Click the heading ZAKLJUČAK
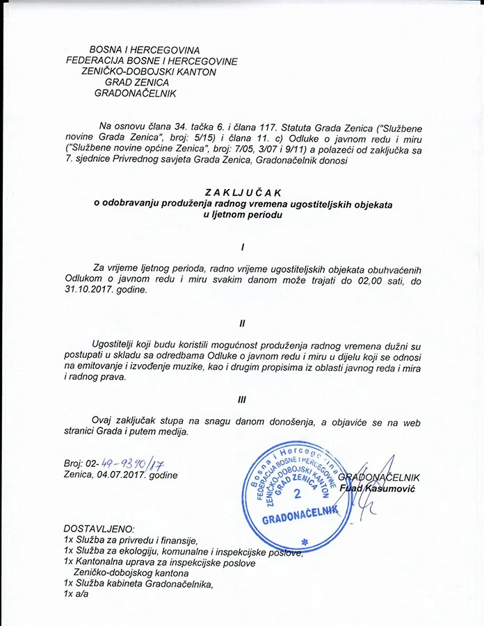tap(241, 192)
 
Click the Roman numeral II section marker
tap(242, 324)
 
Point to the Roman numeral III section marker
tap(242, 400)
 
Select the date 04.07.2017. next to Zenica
tap(116, 475)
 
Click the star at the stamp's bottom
tap(304, 541)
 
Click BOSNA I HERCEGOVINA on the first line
tap(145, 50)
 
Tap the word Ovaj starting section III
tap(103, 421)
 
